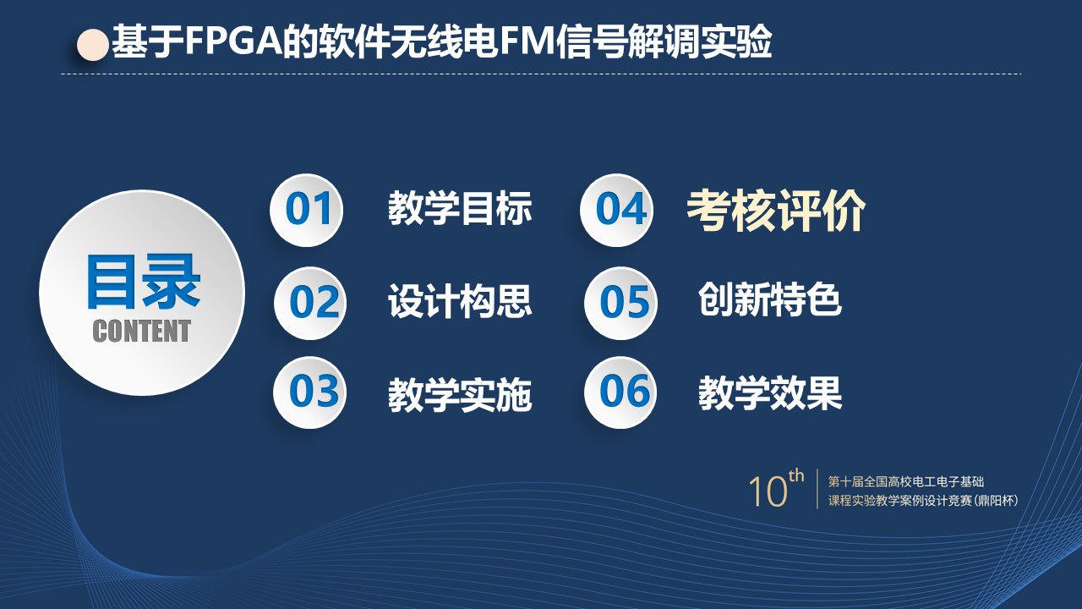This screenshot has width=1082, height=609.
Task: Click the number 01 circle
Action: pos(306,211)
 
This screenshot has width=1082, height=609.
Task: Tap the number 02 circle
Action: pos(310,303)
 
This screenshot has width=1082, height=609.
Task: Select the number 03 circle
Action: pos(309,392)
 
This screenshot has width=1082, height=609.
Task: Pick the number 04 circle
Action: pos(617,211)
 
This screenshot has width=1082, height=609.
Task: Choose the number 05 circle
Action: pos(620,303)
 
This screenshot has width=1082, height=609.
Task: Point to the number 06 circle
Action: pos(620,392)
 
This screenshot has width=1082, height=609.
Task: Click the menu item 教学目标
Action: pos(460,208)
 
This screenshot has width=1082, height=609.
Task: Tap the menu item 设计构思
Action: pos(460,300)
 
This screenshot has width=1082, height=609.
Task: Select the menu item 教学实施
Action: pos(460,395)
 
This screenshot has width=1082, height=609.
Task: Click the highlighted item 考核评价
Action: pos(776,211)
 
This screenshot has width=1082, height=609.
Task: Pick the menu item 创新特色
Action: pos(770,299)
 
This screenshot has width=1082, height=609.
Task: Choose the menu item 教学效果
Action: pos(770,393)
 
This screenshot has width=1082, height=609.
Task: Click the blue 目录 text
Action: pos(144,282)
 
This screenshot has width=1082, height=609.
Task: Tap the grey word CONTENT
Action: pos(141,331)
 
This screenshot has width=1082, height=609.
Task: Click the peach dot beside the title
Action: pos(93,45)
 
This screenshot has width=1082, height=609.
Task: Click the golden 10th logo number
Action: pos(776,489)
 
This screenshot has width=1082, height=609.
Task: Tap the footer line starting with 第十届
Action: pos(906,481)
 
